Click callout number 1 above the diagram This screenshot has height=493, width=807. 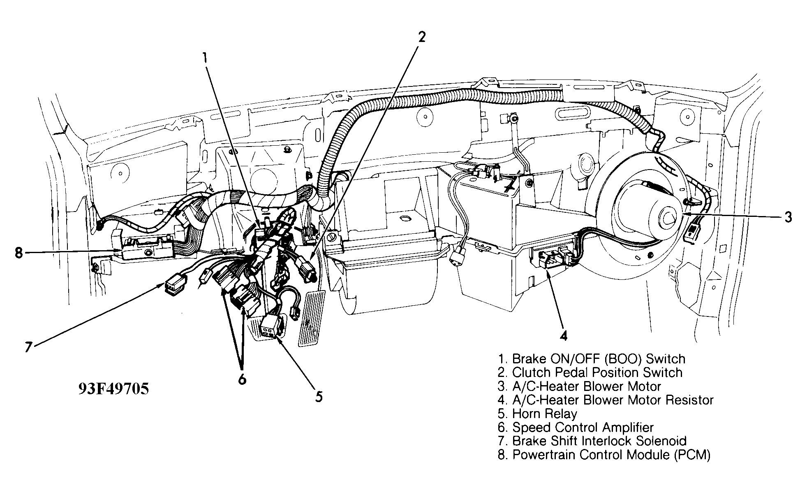(204, 59)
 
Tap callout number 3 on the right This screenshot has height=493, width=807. (788, 217)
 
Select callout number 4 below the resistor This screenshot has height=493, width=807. (564, 336)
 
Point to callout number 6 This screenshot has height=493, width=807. (242, 379)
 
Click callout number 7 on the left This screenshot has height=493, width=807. (28, 347)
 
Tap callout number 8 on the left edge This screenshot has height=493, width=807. (18, 252)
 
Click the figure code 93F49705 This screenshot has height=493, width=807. (113, 388)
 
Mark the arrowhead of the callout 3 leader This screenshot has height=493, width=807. (683, 215)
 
